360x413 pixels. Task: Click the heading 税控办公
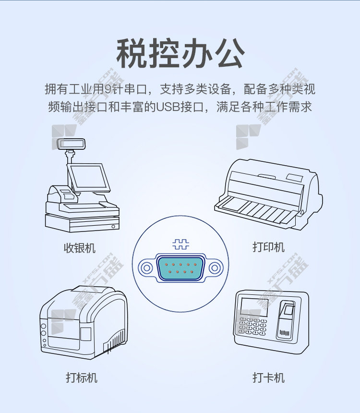coord(180,53)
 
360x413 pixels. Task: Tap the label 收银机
coord(80,248)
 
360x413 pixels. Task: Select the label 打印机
coord(269,247)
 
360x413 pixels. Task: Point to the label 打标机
coord(82,378)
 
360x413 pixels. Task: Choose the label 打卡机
coord(269,378)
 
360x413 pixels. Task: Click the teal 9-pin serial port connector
coord(180,268)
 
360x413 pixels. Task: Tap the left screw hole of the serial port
coord(146,268)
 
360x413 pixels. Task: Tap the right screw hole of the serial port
coord(215,268)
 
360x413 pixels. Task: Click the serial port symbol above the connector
coord(180,244)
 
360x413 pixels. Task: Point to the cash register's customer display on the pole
coord(72,144)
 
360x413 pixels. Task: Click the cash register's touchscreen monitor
coord(88,178)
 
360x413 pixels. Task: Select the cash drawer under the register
coord(83,223)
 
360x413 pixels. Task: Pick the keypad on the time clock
coord(253,327)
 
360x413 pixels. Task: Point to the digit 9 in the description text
coord(108,89)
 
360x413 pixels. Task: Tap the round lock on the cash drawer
coord(113,227)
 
